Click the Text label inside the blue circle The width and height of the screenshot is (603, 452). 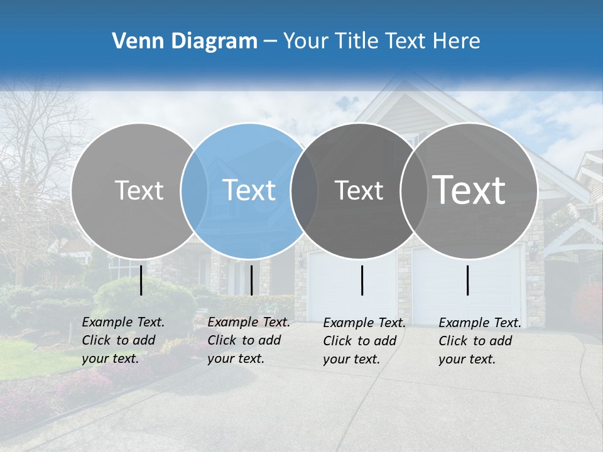[249, 190]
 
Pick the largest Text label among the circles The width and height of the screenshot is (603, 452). [469, 190]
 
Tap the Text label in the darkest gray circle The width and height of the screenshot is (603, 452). [359, 190]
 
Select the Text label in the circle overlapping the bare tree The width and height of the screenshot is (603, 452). [139, 190]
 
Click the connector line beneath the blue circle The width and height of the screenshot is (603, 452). [251, 280]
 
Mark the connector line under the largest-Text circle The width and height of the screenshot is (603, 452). [468, 280]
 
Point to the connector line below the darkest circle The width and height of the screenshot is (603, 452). [362, 280]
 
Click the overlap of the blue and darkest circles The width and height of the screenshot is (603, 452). [304, 190]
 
